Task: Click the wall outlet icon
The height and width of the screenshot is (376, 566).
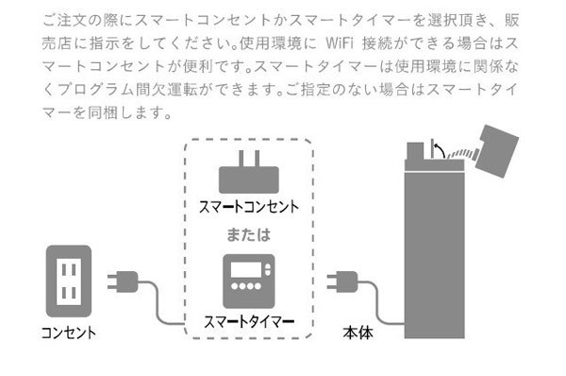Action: pyautogui.click(x=68, y=281)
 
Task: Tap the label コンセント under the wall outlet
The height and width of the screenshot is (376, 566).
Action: pyautogui.click(x=68, y=333)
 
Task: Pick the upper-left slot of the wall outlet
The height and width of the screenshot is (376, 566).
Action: pyautogui.click(x=60, y=268)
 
